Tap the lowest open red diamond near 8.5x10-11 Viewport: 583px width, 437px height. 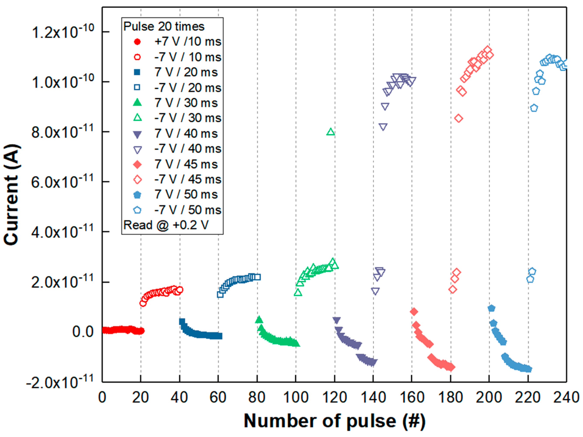[459, 118]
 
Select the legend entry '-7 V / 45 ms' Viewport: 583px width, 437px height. [187, 180]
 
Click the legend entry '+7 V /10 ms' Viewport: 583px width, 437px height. [187, 42]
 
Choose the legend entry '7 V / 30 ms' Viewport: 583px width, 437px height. [186, 103]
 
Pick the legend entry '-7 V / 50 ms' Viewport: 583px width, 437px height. [187, 210]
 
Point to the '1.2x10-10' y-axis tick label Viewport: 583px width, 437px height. [63, 32]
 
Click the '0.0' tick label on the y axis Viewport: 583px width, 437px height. [83, 332]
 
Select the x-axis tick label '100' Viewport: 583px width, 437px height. [296, 398]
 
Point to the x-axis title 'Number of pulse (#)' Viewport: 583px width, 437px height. [334, 421]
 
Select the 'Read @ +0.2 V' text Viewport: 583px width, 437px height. [166, 225]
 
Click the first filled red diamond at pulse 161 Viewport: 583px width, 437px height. [414, 312]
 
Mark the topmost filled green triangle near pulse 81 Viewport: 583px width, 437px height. [259, 320]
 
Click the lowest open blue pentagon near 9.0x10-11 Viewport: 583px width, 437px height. [534, 108]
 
